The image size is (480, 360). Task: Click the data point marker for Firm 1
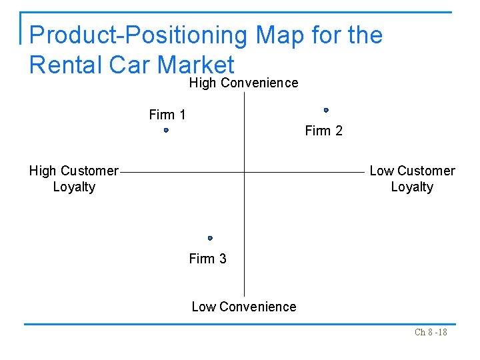click(166, 131)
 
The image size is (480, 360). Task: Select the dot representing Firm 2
click(326, 110)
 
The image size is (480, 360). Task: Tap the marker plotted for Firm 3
click(210, 238)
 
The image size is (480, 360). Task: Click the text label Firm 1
click(167, 115)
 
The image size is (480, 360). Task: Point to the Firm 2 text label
click(323, 131)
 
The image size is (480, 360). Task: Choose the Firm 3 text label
click(207, 259)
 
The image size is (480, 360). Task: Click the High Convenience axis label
click(243, 83)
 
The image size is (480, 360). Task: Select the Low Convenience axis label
click(243, 307)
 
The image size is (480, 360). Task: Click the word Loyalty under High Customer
click(74, 187)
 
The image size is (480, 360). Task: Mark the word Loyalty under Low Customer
click(412, 187)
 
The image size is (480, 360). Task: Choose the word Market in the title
click(197, 65)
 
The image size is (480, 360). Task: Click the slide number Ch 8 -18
click(431, 332)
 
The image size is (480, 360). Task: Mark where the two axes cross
click(244, 172)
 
